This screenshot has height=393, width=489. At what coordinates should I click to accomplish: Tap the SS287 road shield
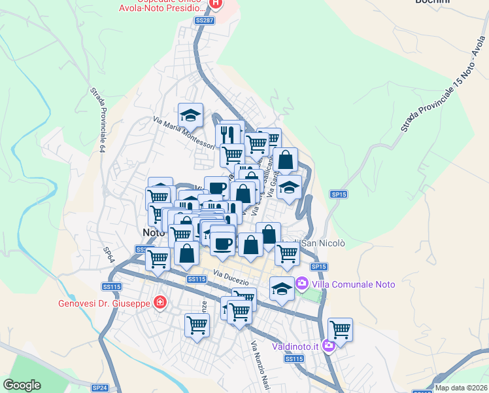point(205,21)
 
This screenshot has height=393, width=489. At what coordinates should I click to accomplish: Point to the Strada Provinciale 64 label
point(98,120)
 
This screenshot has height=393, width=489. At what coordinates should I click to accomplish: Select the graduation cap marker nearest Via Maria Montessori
point(190,116)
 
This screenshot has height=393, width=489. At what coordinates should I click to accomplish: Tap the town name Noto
point(153,233)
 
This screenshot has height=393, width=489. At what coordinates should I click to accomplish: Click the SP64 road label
point(109,255)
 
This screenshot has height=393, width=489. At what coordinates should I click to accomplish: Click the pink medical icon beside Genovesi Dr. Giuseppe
point(159,303)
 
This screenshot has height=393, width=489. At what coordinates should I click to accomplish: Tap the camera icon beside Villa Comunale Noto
point(301,284)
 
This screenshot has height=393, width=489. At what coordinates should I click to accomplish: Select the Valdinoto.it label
point(295,346)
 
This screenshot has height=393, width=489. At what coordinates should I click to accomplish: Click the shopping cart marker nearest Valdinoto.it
point(341,329)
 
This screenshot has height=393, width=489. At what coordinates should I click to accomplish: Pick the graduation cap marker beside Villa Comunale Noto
point(282,289)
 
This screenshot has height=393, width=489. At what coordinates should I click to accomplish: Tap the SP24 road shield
point(99,388)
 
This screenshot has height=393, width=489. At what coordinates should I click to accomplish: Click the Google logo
point(22,385)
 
